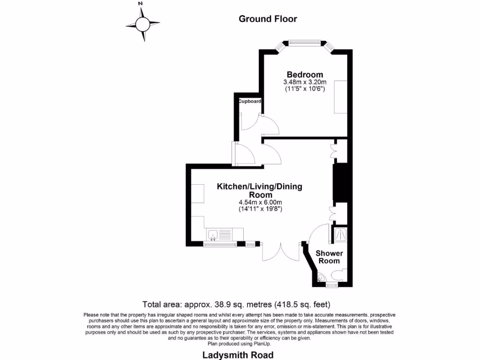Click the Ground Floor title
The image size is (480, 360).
pos(268,19)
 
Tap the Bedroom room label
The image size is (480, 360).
pos(305,75)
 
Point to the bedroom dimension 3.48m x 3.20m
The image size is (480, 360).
pos(305,82)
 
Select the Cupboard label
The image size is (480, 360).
pos(249,101)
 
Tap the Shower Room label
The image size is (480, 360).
pos(329,257)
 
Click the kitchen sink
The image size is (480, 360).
pos(212,233)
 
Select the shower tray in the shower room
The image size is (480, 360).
pos(340,233)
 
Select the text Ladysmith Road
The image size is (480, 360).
pos(238,355)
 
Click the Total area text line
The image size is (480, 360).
pos(239,304)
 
